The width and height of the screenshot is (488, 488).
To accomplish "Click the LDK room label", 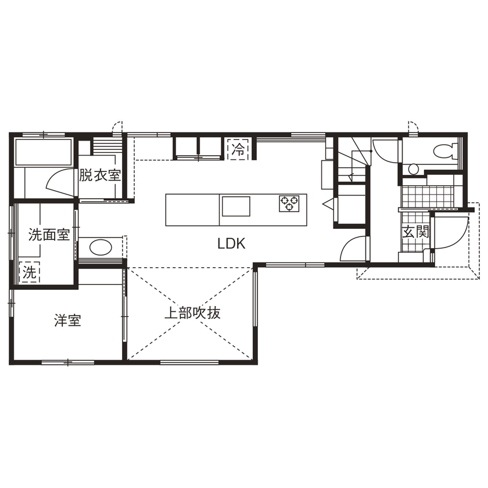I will [232, 245].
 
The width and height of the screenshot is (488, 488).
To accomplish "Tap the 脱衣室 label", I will [100, 174].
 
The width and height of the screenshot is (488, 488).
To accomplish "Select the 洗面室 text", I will [49, 235].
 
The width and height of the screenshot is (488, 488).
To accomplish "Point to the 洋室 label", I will [67, 320].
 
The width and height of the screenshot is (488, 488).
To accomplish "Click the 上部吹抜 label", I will [192, 314].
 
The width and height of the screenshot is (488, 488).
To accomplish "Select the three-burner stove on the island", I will [289, 203].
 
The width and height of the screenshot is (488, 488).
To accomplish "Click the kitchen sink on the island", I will [235, 205].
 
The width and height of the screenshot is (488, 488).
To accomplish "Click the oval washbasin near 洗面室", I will [100, 247].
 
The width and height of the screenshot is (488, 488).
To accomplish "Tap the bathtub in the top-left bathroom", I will [43, 152].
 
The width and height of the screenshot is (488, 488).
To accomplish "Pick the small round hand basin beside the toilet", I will [412, 169].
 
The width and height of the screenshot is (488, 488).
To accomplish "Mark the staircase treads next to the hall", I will [352, 163].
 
